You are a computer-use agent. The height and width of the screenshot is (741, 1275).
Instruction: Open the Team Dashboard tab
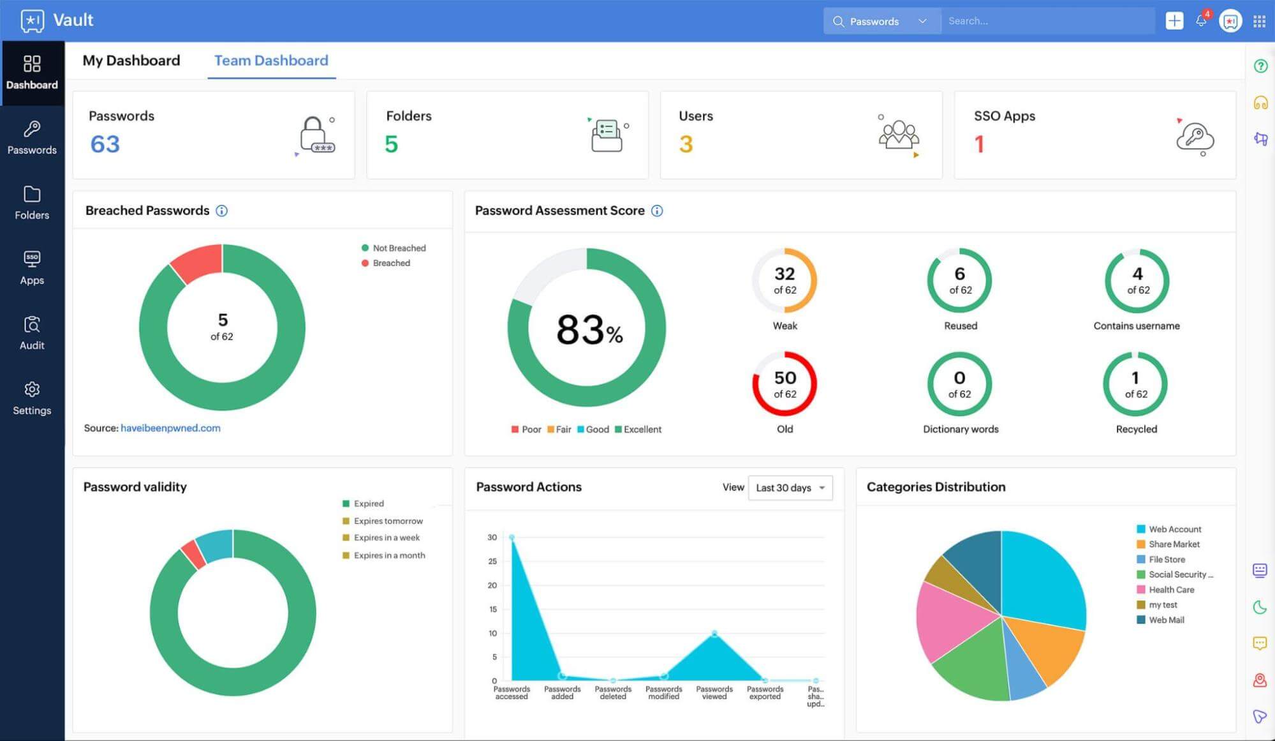click(x=271, y=61)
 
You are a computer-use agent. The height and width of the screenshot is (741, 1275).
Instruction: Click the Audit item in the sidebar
click(x=32, y=333)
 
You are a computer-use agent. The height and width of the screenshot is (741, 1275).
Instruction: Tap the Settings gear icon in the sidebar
click(x=32, y=389)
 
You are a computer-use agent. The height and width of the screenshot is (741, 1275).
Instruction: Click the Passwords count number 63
click(x=105, y=144)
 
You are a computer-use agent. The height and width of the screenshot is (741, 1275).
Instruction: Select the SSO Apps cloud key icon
click(x=1194, y=136)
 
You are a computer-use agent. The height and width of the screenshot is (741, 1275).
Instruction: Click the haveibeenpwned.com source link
click(x=170, y=428)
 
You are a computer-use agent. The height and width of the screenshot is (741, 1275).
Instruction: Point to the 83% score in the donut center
click(x=589, y=330)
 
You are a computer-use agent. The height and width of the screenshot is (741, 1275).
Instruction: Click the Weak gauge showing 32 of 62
click(x=785, y=281)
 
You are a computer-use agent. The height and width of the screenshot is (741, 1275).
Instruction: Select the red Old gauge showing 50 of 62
click(x=785, y=384)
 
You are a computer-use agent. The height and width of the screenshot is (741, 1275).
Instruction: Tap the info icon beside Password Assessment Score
click(x=657, y=211)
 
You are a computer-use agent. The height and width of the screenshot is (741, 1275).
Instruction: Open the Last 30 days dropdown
click(x=790, y=488)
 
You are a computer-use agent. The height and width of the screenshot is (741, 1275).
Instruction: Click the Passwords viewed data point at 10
click(x=714, y=633)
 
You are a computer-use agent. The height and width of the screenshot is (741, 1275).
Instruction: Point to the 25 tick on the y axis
click(x=492, y=562)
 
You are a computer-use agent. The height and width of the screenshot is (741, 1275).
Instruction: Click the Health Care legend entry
click(x=1171, y=590)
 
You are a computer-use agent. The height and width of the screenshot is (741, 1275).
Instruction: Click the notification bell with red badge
click(x=1201, y=20)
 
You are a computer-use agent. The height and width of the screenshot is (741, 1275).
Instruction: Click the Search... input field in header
click(x=1046, y=21)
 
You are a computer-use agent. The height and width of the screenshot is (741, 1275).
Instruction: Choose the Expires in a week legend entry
click(x=387, y=538)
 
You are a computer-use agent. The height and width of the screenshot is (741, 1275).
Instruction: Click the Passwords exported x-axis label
click(x=765, y=692)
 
